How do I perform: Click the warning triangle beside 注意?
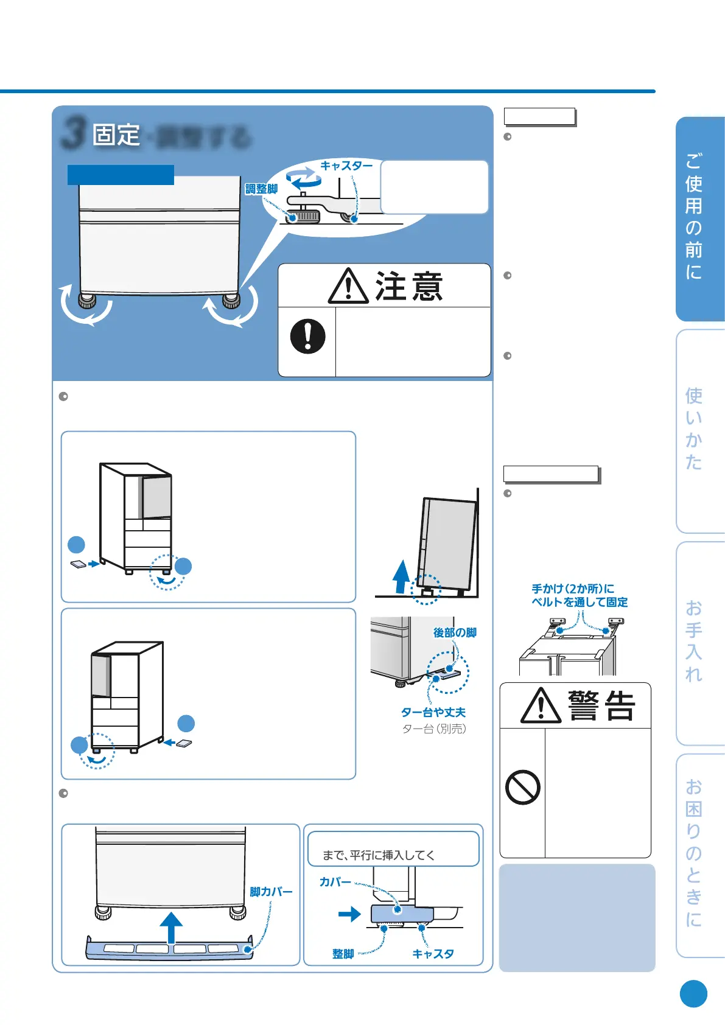point(348,286)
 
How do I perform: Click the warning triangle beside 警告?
point(541,706)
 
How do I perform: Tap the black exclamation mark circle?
point(308,336)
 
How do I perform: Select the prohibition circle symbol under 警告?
point(523,788)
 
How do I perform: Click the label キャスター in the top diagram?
point(346,166)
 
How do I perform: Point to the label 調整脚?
point(261,189)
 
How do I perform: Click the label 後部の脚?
point(455,632)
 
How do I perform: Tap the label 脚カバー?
point(271,892)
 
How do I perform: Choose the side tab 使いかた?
point(695,429)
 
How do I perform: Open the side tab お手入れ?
point(695,642)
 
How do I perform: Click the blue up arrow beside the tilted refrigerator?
point(401,576)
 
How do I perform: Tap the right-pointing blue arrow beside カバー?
point(349,914)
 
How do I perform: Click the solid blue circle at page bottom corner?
point(693,994)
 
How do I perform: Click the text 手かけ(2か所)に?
point(573,589)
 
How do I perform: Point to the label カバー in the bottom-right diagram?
point(335,882)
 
